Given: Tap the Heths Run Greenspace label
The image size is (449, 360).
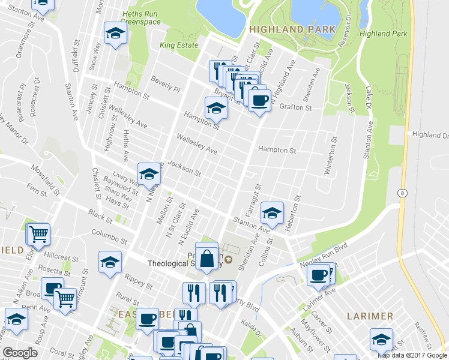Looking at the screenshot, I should click(x=141, y=18).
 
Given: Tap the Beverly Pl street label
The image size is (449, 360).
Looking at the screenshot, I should click(x=166, y=83).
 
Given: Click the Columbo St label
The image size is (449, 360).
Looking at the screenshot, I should click(x=109, y=236).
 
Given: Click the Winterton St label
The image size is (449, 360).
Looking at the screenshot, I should click(x=331, y=155).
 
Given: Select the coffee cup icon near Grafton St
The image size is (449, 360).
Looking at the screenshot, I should click(x=259, y=100).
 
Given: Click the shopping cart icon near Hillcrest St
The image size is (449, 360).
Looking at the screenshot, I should click(x=38, y=233).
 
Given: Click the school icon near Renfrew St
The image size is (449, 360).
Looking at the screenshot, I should click(x=381, y=339).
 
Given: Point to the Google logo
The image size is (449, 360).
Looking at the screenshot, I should click(x=20, y=353).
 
